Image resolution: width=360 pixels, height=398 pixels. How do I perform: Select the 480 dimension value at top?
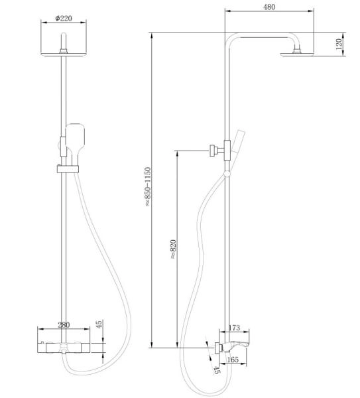[x=269, y=7]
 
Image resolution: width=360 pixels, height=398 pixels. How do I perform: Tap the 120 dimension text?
[x=339, y=46]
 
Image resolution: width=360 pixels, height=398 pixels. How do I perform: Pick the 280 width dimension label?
[x=64, y=324]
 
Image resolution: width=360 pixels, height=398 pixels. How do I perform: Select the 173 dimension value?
[x=233, y=328]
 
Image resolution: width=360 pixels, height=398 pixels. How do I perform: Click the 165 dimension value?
[x=233, y=360]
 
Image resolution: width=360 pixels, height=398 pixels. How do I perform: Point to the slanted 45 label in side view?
[x=215, y=369]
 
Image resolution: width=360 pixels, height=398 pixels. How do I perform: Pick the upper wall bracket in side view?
[x=214, y=151]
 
